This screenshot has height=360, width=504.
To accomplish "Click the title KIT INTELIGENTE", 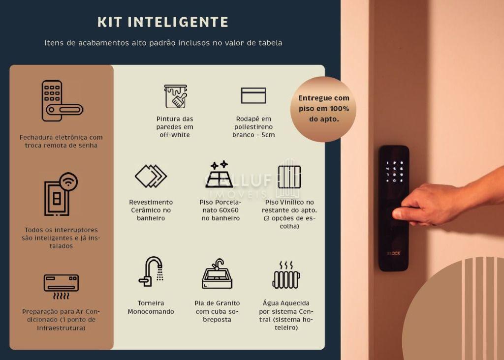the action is coord(163,22).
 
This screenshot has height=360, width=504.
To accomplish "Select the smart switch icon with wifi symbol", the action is coord(61,194).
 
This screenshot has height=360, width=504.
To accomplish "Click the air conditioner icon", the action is coord(61,287).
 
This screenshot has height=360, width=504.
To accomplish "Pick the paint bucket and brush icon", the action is coord(176,96).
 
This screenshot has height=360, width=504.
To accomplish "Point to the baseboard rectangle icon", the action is coord(253,95).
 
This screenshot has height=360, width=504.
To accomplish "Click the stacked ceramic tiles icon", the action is coord(151,176).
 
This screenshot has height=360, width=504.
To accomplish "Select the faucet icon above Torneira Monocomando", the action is coord(151,271).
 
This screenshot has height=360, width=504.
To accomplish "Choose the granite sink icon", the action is coord(217,273).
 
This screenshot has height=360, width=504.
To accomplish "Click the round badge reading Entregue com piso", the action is coord(323,109).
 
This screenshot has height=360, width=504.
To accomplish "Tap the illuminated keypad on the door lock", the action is coord(394,172).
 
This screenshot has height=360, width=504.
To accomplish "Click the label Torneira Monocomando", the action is coord(151,307).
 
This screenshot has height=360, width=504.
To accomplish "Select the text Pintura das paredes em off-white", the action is coord(175,127).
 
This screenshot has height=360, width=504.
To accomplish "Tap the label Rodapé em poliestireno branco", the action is coord(253,127).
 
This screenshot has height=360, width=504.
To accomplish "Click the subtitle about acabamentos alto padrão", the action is coord(163,43).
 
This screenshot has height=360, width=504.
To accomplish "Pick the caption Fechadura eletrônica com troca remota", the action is coord(61,141).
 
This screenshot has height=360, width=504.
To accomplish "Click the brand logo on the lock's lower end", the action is coord(394,253).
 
